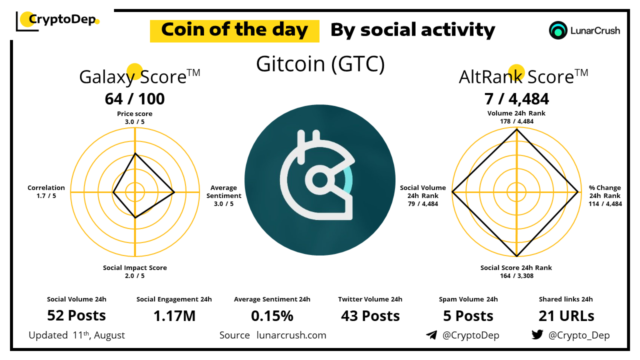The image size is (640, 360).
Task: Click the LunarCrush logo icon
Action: click(558, 30)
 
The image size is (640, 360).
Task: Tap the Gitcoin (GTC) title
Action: click(320, 64)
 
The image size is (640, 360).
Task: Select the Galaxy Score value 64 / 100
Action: click(135, 99)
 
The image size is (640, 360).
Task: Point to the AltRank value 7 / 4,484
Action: click(516, 99)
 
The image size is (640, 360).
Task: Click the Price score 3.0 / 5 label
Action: click(134, 117)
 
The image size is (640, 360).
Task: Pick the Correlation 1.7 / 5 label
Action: click(46, 191)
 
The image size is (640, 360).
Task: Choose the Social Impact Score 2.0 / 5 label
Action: click(135, 271)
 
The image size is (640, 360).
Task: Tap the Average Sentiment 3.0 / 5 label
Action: click(224, 195)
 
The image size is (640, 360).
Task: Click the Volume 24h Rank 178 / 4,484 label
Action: click(516, 117)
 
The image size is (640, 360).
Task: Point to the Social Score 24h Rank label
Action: click(516, 271)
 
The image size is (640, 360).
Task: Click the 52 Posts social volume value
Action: click(76, 315)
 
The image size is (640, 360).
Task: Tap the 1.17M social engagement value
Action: click(174, 316)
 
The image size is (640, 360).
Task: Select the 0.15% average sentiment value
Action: click(272, 316)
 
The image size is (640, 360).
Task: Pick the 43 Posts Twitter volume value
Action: click(370, 316)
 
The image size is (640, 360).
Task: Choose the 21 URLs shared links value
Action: click(566, 316)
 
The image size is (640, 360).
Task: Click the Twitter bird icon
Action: click(537, 334)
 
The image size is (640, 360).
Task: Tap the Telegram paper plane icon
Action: click(431, 335)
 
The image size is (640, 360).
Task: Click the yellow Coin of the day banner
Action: click(234, 31)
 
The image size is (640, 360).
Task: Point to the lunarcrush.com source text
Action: click(291, 335)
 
